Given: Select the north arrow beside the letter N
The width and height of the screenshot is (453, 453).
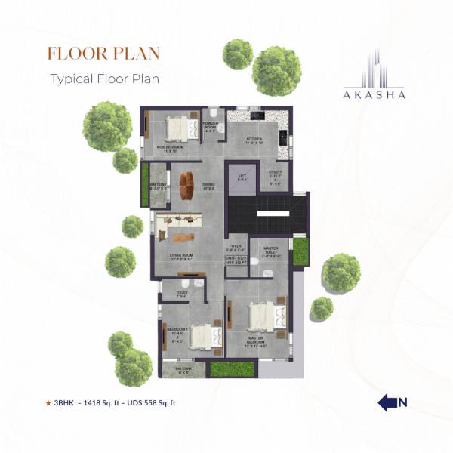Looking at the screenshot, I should pyautogui.click(x=387, y=402).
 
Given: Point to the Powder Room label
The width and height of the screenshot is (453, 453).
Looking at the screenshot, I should pyautogui.click(x=211, y=126).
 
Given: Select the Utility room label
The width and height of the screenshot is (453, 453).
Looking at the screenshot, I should pyautogui.click(x=276, y=177).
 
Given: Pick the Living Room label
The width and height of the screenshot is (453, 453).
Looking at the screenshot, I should pyautogui.click(x=181, y=257).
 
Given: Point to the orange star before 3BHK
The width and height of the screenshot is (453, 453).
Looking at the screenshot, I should pyautogui.click(x=48, y=403).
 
